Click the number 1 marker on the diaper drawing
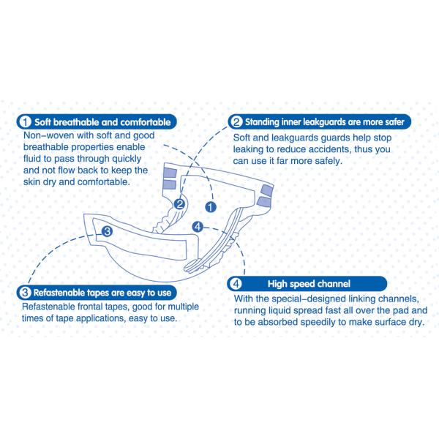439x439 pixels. click(x=211, y=207)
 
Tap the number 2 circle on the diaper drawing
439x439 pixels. click(x=179, y=204)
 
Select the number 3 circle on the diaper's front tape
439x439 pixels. click(x=107, y=231)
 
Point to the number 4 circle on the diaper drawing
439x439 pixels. click(x=198, y=227)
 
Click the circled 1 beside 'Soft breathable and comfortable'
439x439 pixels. click(x=26, y=122)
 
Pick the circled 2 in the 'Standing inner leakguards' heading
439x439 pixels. click(x=236, y=122)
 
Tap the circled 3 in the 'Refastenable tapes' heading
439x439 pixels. click(x=25, y=293)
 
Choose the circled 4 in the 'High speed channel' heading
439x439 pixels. click(x=236, y=284)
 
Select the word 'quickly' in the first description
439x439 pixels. click(x=127, y=159)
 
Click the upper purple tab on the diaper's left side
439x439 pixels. click(x=170, y=172)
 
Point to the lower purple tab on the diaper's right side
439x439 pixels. click(x=263, y=202)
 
